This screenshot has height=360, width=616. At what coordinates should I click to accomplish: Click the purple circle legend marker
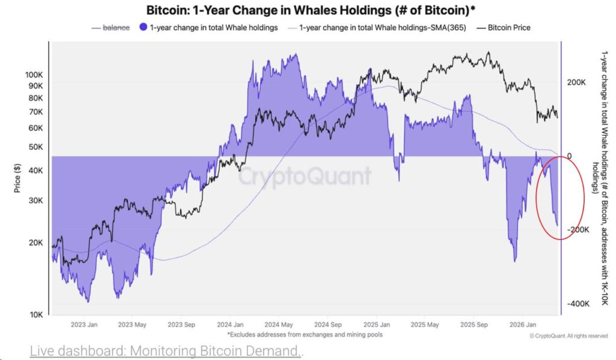coord(143,27)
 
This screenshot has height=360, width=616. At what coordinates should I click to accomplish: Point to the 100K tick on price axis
coord(34,75)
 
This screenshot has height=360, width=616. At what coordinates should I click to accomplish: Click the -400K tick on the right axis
coord(578,304)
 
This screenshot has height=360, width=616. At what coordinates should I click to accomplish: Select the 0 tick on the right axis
coord(568,156)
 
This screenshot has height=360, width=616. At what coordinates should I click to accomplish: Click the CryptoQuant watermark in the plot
coord(305,176)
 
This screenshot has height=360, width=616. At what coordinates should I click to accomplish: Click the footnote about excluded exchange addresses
coord(304,334)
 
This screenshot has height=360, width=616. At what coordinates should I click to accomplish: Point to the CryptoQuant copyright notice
coord(568,335)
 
